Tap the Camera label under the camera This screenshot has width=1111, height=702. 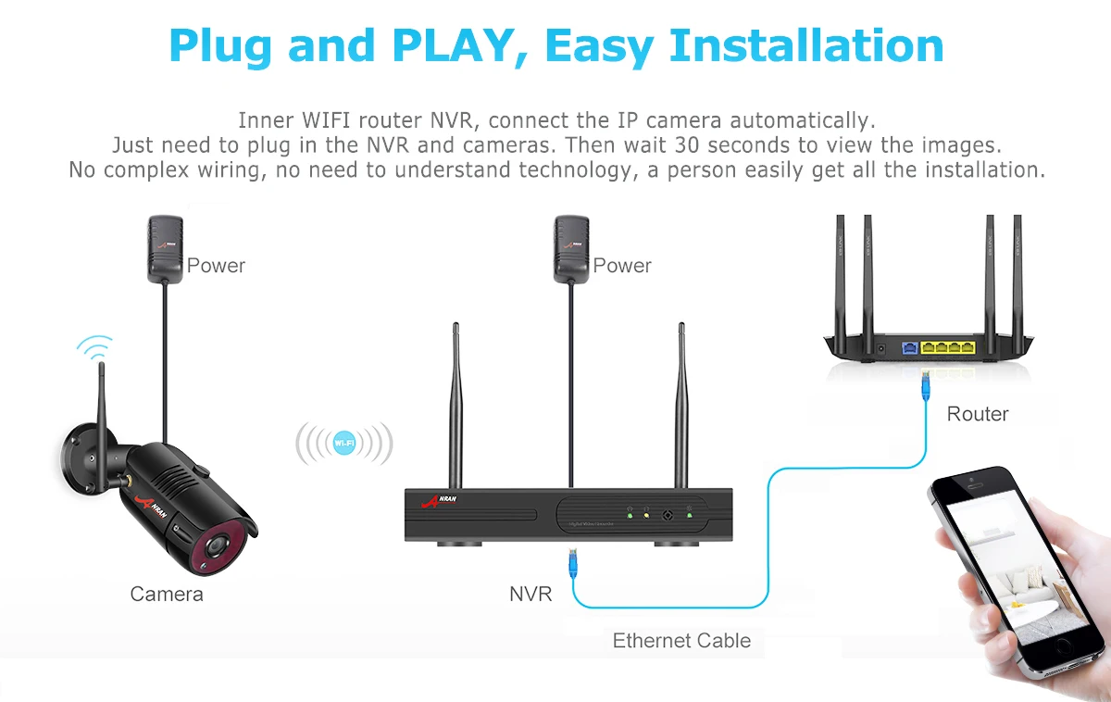tap(167, 594)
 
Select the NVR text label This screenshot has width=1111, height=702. tap(531, 594)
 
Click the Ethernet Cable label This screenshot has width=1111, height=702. tap(681, 641)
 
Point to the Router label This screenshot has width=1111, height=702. tap(978, 414)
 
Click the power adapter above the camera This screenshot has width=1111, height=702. tap(166, 247)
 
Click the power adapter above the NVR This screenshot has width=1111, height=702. tap(571, 247)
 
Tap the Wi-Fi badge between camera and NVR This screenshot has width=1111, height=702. tap(343, 444)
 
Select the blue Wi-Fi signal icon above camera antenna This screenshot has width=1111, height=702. tap(94, 349)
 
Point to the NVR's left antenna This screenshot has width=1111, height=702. tap(456, 407)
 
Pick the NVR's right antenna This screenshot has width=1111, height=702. tap(681, 407)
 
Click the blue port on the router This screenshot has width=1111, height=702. tap(910, 348)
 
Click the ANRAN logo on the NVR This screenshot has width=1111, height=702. tap(439, 501)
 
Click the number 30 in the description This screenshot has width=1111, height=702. tap(688, 145)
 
